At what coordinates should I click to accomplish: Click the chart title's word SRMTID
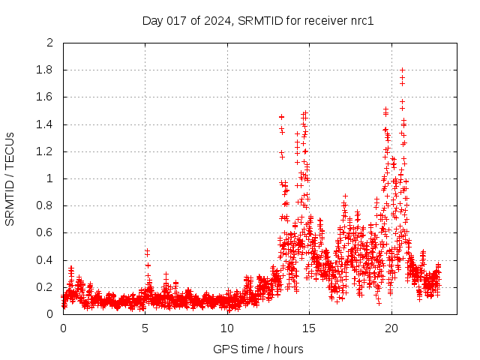[256, 20]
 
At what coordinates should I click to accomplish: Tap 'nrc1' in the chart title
[359, 20]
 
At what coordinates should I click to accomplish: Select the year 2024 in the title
[217, 20]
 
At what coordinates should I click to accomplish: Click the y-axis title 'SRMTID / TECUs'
[10, 178]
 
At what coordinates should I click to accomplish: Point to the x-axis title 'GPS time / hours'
[258, 349]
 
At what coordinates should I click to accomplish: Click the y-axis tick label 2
[49, 43]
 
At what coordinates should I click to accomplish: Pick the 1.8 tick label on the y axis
[46, 70]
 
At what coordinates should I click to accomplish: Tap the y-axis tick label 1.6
[46, 97]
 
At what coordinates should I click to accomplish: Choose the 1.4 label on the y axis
[46, 124]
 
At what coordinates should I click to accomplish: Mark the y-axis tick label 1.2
[46, 151]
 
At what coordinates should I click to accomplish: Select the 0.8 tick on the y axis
[46, 205]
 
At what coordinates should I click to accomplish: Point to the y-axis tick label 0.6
[46, 232]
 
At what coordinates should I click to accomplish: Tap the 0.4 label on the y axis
[46, 260]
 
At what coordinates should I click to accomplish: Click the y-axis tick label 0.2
[46, 287]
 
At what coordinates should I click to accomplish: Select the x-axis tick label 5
[145, 328]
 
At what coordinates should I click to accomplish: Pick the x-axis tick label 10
[226, 328]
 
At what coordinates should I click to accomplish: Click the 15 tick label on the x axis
[309, 328]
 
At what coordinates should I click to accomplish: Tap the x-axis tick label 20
[391, 328]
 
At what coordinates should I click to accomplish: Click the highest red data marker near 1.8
[402, 70]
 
